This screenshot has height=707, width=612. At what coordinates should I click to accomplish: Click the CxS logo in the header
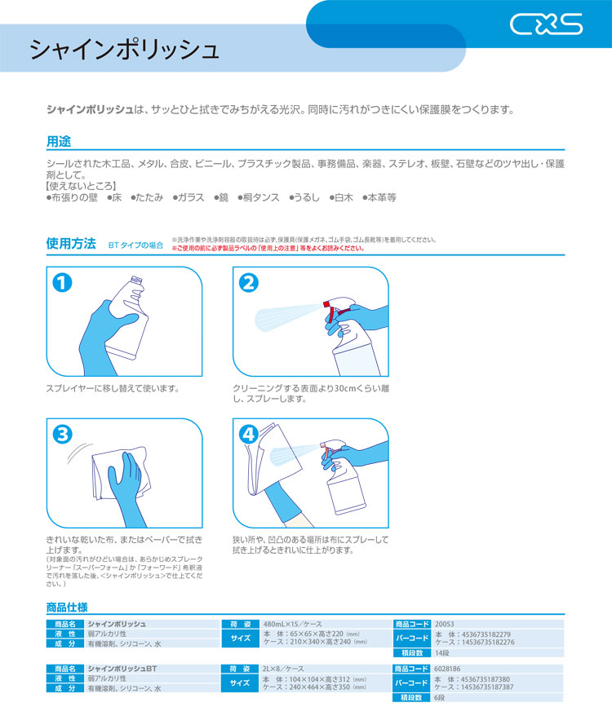coord(546,24)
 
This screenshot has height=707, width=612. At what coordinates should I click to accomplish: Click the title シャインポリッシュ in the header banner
coord(125,49)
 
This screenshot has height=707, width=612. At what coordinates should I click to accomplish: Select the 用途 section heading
coord(59,142)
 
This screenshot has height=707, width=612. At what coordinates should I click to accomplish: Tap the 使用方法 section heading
coord(71,244)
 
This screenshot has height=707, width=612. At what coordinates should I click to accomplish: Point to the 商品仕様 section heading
coord(67,608)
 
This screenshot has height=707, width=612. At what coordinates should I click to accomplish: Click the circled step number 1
coord(62,283)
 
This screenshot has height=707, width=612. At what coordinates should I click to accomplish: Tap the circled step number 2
coord(249,283)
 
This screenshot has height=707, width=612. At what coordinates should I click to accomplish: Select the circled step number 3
coord(62,435)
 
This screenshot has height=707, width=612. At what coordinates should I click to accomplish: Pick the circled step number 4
coord(249,435)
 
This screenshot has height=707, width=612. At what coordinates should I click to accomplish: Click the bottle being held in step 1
coord(127,318)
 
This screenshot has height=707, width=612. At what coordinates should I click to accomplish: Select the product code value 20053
coord(444,624)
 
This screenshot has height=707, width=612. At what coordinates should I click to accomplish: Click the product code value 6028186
coord(447,669)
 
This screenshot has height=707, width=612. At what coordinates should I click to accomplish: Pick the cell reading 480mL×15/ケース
coord(292,624)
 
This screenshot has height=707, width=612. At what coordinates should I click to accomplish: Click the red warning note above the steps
coord(268,248)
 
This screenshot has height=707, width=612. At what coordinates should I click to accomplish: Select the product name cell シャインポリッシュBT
coord(122,669)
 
